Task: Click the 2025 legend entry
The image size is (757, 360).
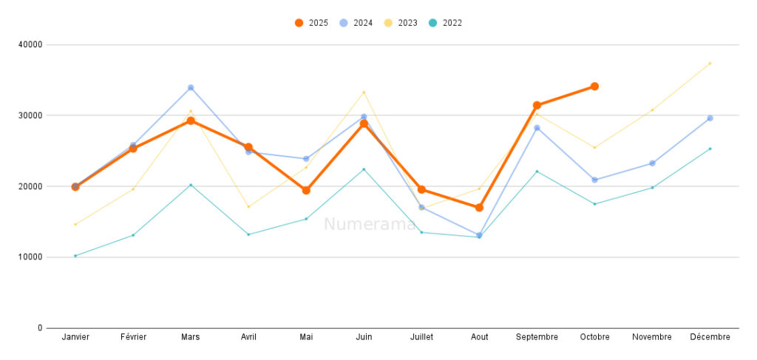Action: point(311,23)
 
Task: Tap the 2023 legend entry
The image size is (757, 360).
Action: point(401,23)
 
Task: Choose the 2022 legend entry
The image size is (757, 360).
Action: point(445,23)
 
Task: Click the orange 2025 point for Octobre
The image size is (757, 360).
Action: point(594,86)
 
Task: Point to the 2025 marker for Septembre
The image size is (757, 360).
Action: point(537,105)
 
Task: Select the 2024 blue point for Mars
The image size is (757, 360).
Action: point(191,87)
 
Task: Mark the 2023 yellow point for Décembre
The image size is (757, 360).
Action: point(710,63)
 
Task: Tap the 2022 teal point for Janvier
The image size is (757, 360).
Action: point(75,256)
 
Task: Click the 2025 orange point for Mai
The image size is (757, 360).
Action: point(306,191)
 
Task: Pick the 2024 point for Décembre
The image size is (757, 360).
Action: point(710,118)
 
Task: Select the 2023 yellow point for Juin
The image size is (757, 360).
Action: point(364,92)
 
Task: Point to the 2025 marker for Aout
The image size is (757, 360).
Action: point(479,208)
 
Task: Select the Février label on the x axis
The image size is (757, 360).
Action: point(133,337)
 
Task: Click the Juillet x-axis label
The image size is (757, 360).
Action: point(421,337)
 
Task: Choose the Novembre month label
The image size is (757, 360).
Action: point(652,337)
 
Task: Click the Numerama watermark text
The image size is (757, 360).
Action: point(370,224)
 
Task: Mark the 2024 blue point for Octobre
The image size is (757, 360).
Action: point(594,180)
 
